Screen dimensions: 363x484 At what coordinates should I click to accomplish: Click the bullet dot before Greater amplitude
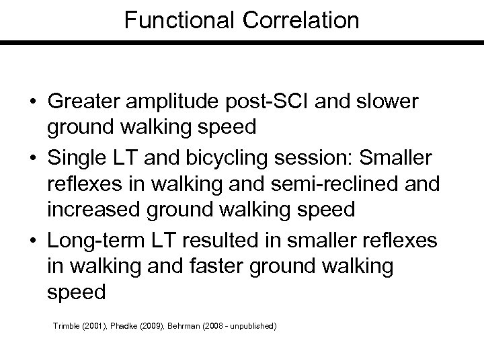pos(32,102)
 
